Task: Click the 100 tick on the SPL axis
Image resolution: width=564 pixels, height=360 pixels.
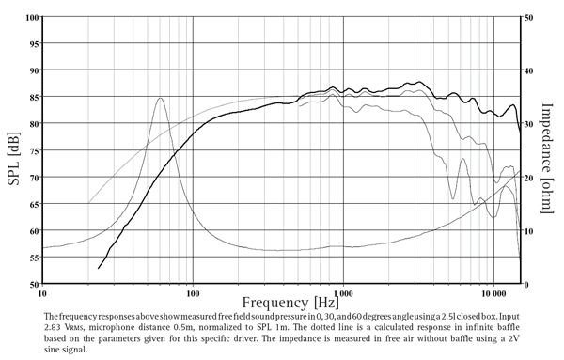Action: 32,18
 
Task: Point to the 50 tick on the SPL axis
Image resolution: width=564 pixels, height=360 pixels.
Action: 32,285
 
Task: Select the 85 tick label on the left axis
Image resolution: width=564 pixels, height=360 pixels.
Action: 32,97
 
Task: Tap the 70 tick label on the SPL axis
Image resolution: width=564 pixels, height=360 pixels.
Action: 32,178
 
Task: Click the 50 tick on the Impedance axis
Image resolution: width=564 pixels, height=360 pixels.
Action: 529,18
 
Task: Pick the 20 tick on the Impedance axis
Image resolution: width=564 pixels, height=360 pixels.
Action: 529,178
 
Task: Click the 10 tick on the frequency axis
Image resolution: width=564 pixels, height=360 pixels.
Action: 42,293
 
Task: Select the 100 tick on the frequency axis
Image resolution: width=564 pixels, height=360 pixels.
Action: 193,293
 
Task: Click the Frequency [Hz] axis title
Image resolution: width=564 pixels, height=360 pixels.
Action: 288,304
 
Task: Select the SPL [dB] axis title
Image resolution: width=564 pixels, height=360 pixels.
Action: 13,150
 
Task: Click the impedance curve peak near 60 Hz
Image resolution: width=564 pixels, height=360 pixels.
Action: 160,98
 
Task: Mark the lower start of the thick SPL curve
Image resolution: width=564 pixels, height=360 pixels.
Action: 99,269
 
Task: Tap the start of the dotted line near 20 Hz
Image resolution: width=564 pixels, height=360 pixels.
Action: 88,202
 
